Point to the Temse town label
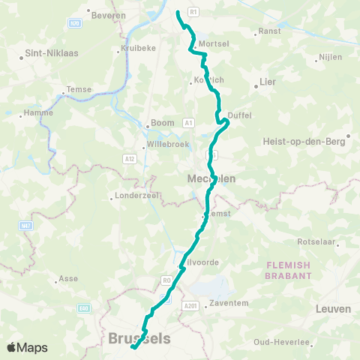click(x=79, y=89)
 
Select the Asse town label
click(x=67, y=277)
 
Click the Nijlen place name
click(x=330, y=56)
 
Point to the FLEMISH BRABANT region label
click(x=289, y=270)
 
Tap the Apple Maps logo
click(x=27, y=347)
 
